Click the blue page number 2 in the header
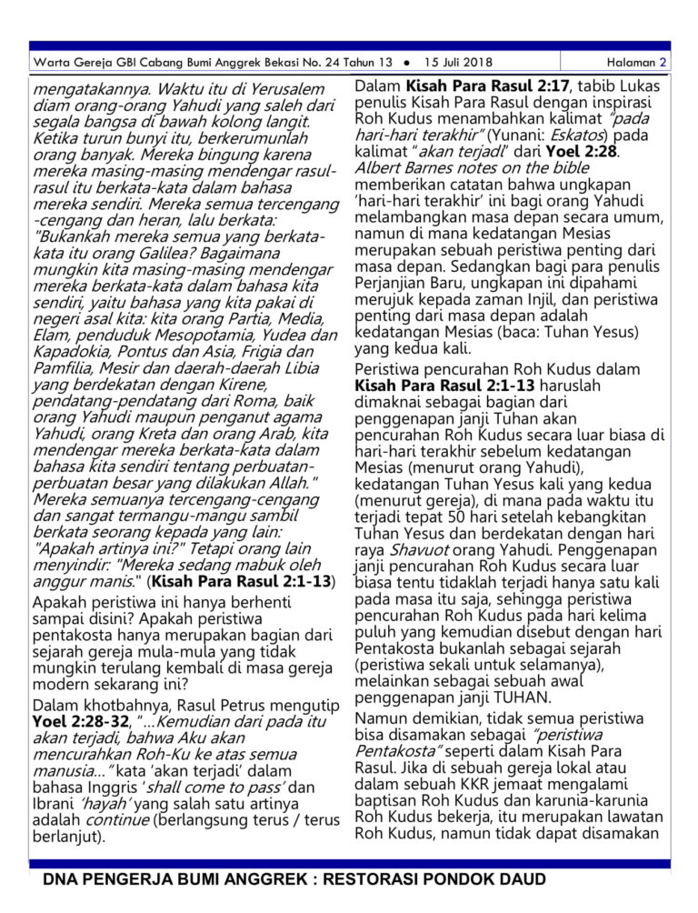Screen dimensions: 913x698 point(663,63)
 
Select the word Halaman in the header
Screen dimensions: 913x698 point(632,63)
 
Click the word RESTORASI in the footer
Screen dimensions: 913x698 point(351,879)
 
